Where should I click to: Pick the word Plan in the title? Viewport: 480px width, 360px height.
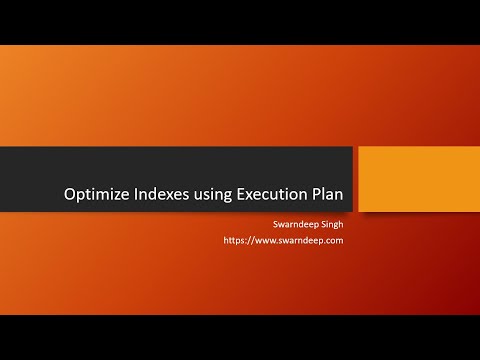[331, 195]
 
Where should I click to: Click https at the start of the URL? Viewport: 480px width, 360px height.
[234, 241]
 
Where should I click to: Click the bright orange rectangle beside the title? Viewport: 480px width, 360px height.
[418, 179]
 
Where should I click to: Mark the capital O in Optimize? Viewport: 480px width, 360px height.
[69, 195]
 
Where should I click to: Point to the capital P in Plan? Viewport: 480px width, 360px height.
[319, 195]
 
